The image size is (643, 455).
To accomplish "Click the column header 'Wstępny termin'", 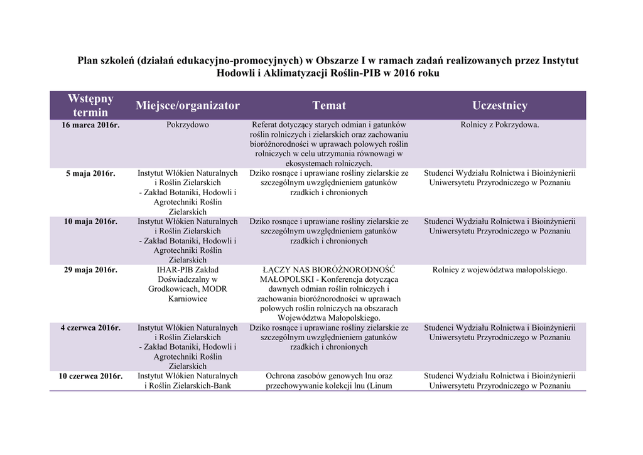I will click(x=90, y=105).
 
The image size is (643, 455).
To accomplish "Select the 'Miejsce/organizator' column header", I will click(x=188, y=105).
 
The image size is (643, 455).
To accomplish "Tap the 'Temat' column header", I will click(x=329, y=105).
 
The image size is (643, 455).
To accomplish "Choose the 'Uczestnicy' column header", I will click(x=500, y=105).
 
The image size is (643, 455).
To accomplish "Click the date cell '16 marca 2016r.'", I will click(x=90, y=125).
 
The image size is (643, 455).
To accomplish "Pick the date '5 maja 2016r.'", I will click(x=90, y=173).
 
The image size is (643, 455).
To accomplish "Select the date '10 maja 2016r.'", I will click(x=90, y=222).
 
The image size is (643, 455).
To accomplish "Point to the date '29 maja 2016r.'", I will click(x=90, y=270).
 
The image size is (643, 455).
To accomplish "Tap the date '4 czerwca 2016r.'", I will click(x=90, y=328).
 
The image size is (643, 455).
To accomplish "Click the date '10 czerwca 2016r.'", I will click(x=90, y=376).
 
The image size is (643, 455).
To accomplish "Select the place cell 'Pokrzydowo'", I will click(x=188, y=125).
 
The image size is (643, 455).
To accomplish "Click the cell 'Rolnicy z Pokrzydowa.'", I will click(x=500, y=125).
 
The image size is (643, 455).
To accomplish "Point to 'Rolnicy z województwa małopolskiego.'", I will click(x=500, y=270).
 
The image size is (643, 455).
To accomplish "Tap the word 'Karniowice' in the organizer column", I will click(x=188, y=299).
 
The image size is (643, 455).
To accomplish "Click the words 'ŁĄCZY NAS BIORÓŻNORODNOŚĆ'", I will click(x=329, y=270).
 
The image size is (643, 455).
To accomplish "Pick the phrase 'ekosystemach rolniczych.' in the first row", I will click(x=329, y=163).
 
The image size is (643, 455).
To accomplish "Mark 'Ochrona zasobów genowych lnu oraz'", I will click(x=329, y=376).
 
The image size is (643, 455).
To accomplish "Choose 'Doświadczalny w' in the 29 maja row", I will click(x=188, y=279).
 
